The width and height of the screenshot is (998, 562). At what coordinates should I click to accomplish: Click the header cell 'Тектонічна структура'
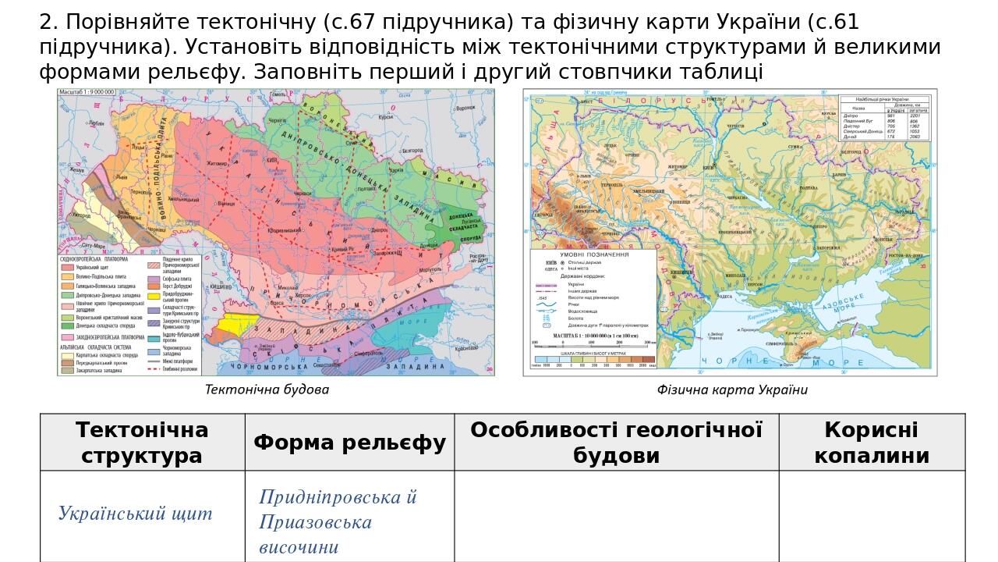pyautogui.click(x=142, y=443)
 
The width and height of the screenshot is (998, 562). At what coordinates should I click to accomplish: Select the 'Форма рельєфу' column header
pyautogui.click(x=349, y=443)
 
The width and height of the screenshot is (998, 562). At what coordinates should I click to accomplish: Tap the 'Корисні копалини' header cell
pyautogui.click(x=871, y=443)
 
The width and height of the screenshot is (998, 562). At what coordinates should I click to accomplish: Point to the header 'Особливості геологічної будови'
pyautogui.click(x=616, y=443)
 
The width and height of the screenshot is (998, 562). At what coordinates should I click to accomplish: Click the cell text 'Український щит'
pyautogui.click(x=135, y=514)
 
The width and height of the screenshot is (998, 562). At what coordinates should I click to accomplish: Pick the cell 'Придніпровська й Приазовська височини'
pyautogui.click(x=338, y=522)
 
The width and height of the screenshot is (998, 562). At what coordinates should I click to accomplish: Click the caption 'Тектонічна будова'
pyautogui.click(x=267, y=389)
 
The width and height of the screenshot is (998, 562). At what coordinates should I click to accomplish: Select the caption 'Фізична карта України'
pyautogui.click(x=731, y=389)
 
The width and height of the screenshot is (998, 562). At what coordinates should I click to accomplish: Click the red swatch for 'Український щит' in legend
pyautogui.click(x=67, y=267)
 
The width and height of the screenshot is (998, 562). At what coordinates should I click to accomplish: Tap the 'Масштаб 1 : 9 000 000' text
pyautogui.click(x=87, y=92)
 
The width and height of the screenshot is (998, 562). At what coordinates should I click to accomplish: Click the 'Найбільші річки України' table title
pyautogui.click(x=884, y=99)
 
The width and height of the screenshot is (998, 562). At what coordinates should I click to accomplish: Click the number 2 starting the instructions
pyautogui.click(x=44, y=23)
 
